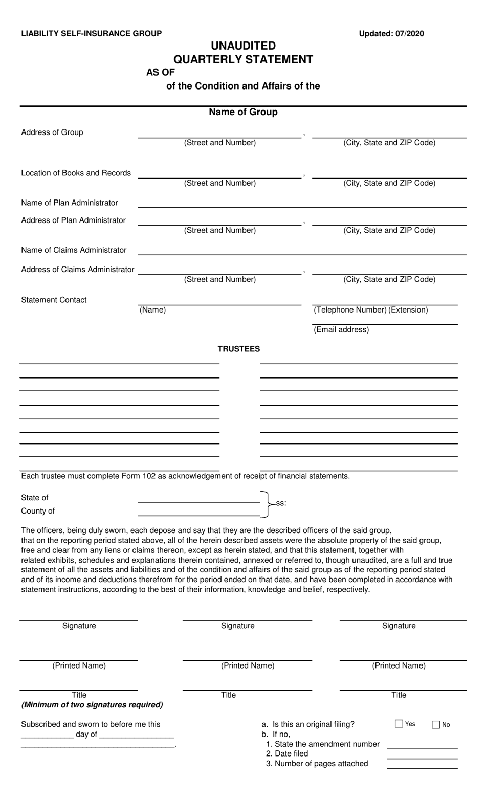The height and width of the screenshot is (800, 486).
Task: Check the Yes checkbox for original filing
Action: (x=399, y=724)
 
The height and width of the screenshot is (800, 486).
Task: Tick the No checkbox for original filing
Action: (x=436, y=724)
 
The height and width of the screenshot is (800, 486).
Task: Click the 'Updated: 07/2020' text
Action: (x=391, y=34)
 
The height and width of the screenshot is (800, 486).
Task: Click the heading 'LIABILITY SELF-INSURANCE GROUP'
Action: (x=91, y=34)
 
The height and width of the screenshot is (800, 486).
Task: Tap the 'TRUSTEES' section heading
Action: (x=239, y=349)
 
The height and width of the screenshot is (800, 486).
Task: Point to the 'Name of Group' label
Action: (x=243, y=112)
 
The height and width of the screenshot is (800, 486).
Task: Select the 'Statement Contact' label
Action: (x=54, y=300)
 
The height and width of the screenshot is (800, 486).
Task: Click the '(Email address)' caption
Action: (x=341, y=329)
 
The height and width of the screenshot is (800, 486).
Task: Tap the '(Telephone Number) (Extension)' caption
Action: (x=370, y=309)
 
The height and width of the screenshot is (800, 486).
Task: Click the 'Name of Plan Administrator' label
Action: (x=70, y=203)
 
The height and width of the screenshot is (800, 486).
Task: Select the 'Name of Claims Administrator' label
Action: (x=74, y=250)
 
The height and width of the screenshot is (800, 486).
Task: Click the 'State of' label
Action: (x=35, y=498)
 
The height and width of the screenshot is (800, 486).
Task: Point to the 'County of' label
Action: (x=38, y=511)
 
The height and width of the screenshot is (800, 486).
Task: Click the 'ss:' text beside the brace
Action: (x=281, y=503)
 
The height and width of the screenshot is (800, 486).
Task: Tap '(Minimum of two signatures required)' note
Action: (x=92, y=705)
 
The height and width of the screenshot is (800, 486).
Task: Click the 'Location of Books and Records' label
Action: (x=76, y=173)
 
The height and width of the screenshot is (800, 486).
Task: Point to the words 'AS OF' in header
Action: (x=161, y=72)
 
